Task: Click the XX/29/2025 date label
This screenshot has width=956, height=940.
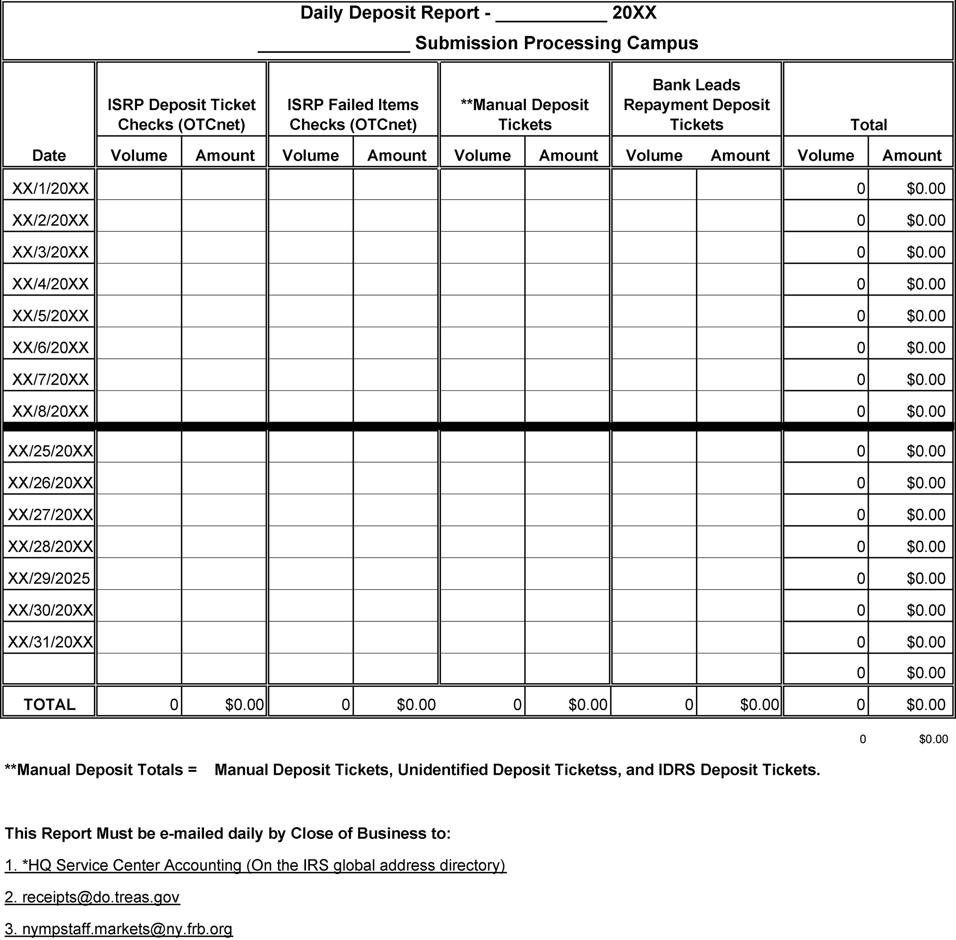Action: (49, 578)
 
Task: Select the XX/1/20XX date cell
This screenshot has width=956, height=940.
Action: (51, 188)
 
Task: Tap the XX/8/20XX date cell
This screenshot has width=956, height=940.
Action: (51, 411)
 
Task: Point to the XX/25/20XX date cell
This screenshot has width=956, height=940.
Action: (51, 451)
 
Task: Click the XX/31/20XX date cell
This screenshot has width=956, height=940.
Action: (51, 642)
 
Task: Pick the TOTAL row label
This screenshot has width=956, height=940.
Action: (50, 704)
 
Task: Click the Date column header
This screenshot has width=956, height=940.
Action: (49, 155)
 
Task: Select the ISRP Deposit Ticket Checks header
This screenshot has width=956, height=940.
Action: (182, 115)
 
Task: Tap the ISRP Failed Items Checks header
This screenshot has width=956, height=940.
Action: (353, 115)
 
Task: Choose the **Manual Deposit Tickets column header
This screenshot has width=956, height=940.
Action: (525, 115)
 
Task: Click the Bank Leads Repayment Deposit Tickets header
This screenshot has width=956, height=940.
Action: (696, 105)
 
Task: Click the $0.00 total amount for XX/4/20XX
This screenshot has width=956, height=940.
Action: (925, 284)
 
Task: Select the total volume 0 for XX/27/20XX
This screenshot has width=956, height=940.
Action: (860, 515)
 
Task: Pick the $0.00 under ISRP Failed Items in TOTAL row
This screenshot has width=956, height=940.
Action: (416, 704)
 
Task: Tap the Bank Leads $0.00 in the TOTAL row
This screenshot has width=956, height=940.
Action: (759, 704)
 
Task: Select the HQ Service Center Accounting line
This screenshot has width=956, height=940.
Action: (255, 865)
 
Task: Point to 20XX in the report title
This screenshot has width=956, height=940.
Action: (634, 13)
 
